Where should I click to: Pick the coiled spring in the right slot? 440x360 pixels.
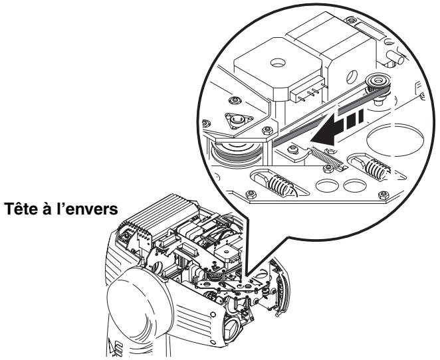click(x=376, y=169)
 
